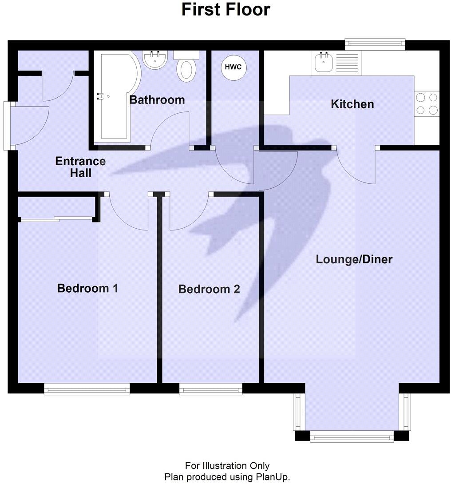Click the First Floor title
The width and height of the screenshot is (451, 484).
225,9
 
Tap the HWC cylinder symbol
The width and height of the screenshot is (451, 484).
233,67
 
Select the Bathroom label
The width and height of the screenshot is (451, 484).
157,99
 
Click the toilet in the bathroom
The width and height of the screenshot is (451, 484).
186,67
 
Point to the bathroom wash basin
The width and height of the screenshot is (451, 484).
155,60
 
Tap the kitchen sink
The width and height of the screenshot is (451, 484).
323,63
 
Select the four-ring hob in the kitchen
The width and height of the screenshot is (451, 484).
427,103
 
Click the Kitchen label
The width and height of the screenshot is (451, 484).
352,104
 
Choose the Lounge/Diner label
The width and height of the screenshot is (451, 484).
354,259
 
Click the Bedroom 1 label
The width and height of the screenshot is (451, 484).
87,289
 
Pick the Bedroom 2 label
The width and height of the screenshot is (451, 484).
209,290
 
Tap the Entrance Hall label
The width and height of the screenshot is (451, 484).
80,167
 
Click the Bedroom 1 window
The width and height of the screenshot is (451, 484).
87,389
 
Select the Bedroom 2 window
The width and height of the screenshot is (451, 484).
211,389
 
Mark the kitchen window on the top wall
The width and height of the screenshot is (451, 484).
375,43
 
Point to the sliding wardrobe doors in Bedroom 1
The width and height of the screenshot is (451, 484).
57,218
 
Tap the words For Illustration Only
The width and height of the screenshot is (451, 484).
227,466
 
